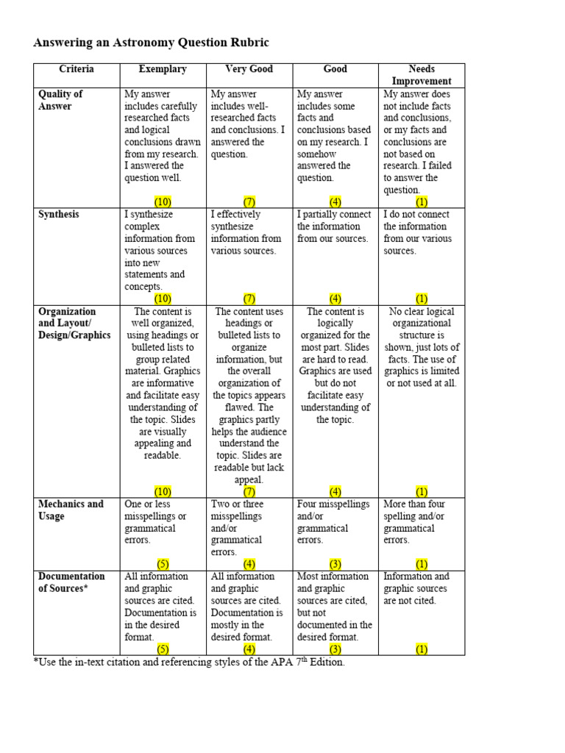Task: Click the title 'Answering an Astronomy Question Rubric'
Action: pos(146,43)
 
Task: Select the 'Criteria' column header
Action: pos(77,69)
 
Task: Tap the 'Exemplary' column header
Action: pos(163,69)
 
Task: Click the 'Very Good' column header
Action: pos(249,69)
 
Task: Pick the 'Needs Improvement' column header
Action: pos(422,75)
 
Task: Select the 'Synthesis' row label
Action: pos(59,215)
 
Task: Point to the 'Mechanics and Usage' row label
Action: pos(71,510)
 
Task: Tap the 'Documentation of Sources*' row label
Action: pos(71,582)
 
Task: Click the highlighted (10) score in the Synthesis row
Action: pos(163,299)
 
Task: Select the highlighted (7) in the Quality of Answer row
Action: pos(249,201)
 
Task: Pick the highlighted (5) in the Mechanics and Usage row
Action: pos(163,564)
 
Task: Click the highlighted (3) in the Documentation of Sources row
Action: pos(335,649)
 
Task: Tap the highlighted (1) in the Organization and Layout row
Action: pos(422,491)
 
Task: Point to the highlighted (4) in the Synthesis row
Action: pos(335,299)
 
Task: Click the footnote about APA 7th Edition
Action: pos(189,663)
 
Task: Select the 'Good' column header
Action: pos(335,69)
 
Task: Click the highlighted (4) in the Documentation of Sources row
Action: pos(249,649)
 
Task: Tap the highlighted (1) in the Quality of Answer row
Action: pos(422,201)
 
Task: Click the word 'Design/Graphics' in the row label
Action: pos(74,335)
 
